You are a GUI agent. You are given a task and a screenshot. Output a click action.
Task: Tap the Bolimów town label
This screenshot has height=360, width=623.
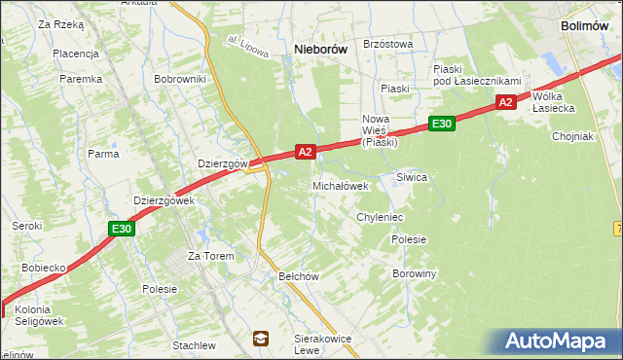pos(591,26)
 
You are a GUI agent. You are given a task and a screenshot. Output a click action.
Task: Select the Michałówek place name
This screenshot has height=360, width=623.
pos(340,186)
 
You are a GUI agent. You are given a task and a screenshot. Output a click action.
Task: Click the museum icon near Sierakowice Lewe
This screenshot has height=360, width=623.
pos(261,338)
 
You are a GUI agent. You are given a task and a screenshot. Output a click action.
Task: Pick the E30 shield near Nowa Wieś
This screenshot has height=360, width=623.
pos(441,124)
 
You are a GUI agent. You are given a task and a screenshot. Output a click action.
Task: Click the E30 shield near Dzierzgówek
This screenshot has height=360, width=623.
pos(121,229)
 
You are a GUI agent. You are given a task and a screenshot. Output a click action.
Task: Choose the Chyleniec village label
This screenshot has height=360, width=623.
pos(380,218)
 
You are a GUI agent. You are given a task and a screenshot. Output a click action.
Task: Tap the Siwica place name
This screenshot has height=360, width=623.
pos(412,177)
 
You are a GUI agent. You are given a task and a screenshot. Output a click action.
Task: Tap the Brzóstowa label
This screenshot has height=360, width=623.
pos(387,44)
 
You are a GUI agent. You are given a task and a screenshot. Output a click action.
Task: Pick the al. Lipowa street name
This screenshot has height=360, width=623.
pos(247,48)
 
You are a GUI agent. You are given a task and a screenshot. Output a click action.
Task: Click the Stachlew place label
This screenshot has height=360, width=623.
pos(194,345)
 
